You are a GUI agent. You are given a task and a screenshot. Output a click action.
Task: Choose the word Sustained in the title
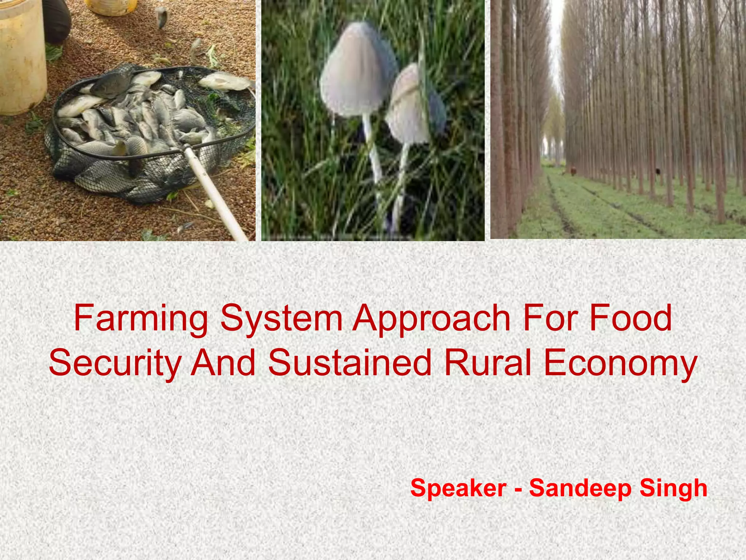coord(350,363)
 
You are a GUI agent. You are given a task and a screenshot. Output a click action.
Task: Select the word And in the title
coord(223,363)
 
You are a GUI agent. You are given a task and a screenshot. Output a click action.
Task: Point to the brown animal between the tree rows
coord(573,171)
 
